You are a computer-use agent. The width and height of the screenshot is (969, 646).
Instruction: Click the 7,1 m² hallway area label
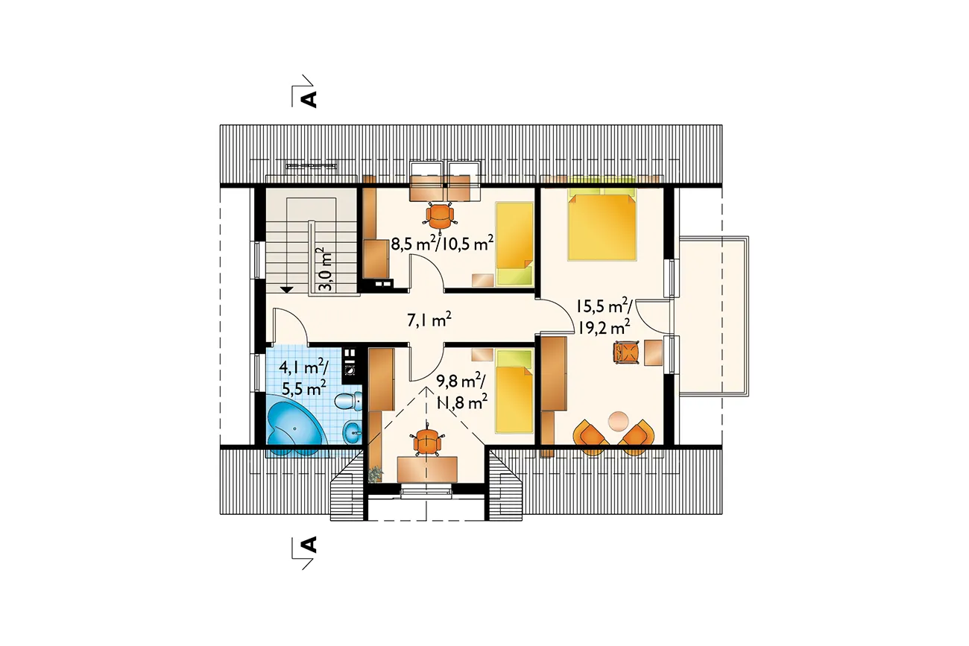(x=429, y=320)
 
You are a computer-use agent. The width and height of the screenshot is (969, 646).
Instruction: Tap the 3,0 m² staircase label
(x=325, y=269)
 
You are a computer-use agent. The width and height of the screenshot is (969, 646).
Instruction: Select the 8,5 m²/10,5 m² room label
(x=442, y=244)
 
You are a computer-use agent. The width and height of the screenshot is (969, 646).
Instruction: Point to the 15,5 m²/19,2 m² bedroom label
(x=604, y=317)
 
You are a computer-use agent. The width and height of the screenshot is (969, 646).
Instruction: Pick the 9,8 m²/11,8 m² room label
(x=461, y=392)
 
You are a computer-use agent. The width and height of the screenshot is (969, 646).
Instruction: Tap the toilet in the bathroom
(x=349, y=401)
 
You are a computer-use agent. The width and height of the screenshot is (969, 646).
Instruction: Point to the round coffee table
(x=618, y=421)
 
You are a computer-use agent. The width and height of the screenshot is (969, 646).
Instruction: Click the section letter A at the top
(x=310, y=99)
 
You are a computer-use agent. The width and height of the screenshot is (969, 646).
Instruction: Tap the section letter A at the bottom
(x=310, y=545)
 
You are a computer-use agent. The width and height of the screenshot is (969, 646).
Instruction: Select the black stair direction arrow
(x=286, y=290)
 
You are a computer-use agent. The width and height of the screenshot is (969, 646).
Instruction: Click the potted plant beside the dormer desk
(x=375, y=473)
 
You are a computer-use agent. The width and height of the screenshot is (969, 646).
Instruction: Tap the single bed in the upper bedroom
(x=514, y=244)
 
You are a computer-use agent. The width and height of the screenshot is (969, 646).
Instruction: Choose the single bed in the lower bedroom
(x=514, y=392)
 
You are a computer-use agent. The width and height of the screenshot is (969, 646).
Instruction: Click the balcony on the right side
(x=713, y=316)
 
